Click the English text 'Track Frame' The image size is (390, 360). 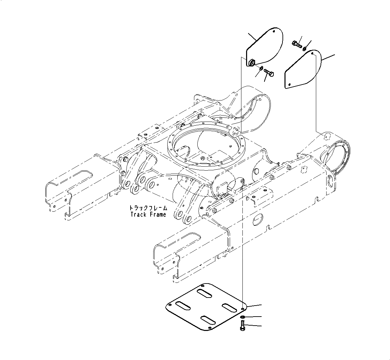(x=148, y=214)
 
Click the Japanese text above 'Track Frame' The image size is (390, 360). (x=148, y=208)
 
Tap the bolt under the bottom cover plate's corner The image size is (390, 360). (x=242, y=326)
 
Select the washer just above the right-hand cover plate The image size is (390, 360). (x=305, y=49)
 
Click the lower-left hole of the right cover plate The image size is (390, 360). (x=289, y=84)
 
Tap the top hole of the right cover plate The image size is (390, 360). (x=312, y=53)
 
